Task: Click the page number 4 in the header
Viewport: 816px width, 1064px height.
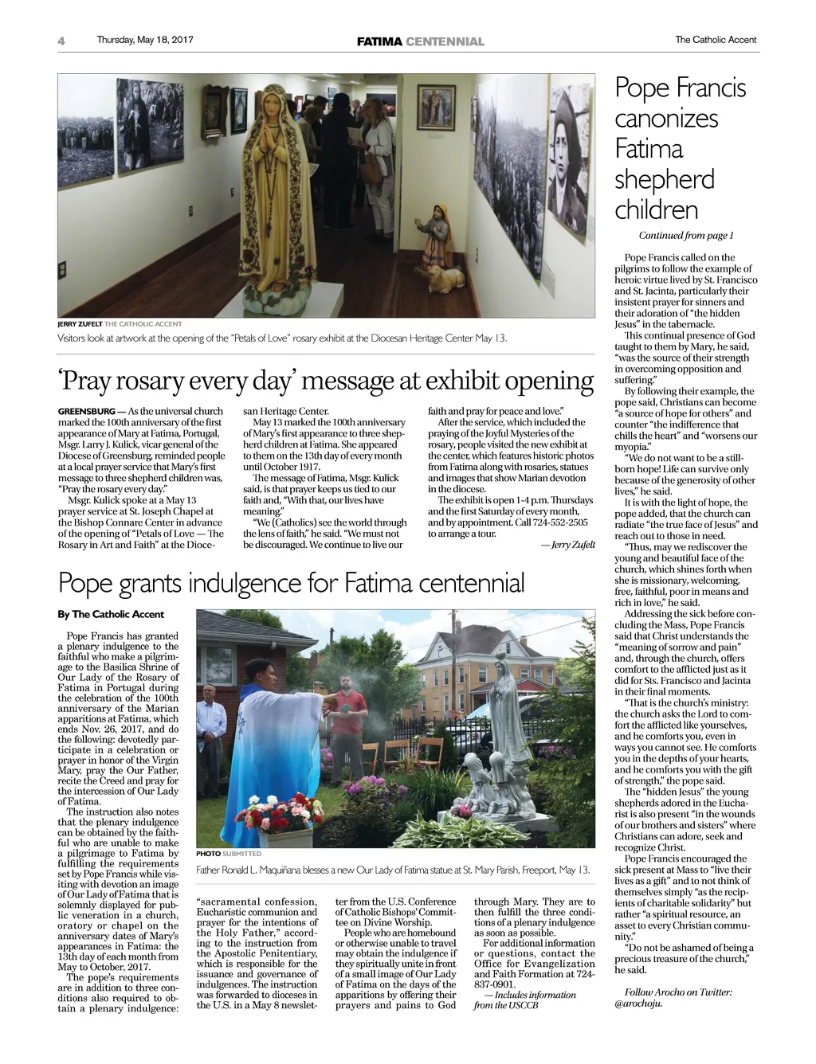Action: [x=61, y=41]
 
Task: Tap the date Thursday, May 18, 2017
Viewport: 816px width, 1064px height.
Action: [x=144, y=40]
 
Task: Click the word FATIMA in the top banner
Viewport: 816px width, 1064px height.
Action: [x=379, y=41]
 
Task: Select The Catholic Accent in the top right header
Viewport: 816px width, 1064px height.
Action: [x=716, y=40]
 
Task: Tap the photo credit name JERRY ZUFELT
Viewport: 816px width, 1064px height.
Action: [x=80, y=324]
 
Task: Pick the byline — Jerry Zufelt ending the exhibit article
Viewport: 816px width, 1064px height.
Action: [x=567, y=545]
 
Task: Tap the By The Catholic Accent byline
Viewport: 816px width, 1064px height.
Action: [x=111, y=614]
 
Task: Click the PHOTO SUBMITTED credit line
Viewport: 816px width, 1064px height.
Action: [x=229, y=854]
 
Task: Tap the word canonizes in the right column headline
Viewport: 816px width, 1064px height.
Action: [x=666, y=119]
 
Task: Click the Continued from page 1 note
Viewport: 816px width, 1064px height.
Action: [x=685, y=236]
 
